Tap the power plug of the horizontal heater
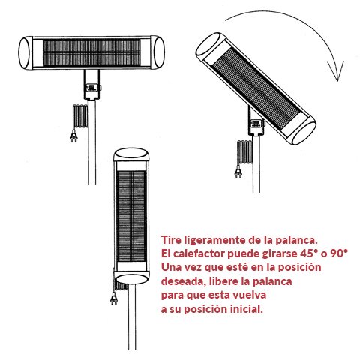pyautogui.click(x=74, y=136)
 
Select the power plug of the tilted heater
pyautogui.click(x=238, y=172)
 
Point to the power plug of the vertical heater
pyautogui.click(x=114, y=298)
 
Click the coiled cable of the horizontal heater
pyautogui.click(x=80, y=116)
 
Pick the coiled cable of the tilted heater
pyautogui.click(x=245, y=152)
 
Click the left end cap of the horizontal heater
pyautogui.click(x=25, y=52)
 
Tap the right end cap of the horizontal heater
pyautogui.click(x=158, y=52)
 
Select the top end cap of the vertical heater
pyautogui.click(x=131, y=154)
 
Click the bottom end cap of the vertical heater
pyautogui.click(x=131, y=278)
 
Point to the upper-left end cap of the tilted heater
pyautogui.click(x=209, y=46)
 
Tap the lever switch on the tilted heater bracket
pyautogui.click(x=256, y=124)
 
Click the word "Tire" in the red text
pyautogui.click(x=171, y=240)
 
